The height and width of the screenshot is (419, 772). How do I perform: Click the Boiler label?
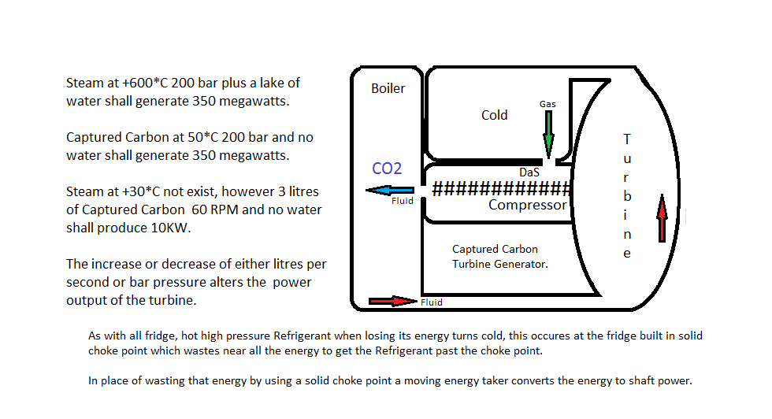[388, 88]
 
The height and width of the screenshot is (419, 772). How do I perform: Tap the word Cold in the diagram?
[494, 115]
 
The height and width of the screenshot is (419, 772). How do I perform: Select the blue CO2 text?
[387, 169]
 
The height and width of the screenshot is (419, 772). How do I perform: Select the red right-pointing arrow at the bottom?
[392, 301]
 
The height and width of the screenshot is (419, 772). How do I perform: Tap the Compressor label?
[527, 206]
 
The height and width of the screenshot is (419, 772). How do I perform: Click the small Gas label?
[547, 104]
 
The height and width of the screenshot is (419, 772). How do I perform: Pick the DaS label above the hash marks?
[529, 172]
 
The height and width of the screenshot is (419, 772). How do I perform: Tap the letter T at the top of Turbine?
[627, 139]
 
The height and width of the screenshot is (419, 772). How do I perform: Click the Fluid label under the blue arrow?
[402, 202]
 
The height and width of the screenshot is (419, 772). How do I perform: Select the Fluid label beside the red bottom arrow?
[431, 302]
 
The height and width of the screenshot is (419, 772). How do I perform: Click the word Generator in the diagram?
[521, 264]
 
